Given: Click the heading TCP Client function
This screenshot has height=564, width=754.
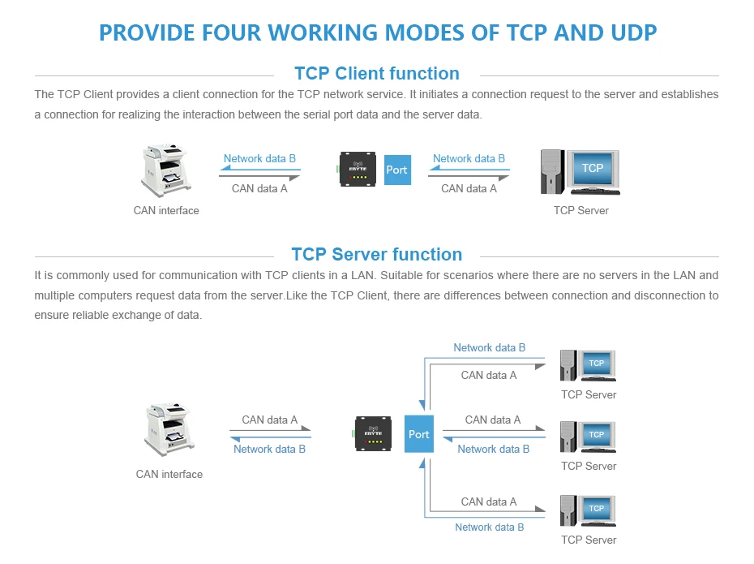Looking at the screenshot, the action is [376, 74].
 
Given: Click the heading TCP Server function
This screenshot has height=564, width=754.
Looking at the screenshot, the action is [376, 255].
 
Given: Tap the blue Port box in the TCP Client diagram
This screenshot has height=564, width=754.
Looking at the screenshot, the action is [396, 170].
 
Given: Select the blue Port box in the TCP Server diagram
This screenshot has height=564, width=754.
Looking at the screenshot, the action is [418, 434].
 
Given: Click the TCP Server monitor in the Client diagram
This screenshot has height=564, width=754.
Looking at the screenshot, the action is [591, 170].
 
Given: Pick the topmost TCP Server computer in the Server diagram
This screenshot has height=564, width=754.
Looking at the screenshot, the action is [589, 366].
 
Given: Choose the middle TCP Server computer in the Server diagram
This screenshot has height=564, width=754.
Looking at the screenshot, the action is [589, 437].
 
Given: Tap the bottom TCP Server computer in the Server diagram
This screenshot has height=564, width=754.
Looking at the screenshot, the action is [589, 510].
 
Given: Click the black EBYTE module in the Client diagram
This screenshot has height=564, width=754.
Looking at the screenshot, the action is [358, 169].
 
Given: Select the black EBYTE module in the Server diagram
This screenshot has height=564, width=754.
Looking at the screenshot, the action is [374, 434].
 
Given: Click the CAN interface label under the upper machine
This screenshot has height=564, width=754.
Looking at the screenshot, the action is [166, 210].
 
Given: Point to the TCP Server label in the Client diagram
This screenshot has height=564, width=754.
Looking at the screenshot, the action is [580, 210].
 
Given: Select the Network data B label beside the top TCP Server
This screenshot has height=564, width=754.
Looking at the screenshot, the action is [489, 347].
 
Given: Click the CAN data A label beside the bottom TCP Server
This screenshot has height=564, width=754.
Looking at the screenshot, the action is [488, 502].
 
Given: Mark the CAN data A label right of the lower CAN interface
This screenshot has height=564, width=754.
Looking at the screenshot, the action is [269, 420].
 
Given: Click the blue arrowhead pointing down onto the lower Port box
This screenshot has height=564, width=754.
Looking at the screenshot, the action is [422, 404].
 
